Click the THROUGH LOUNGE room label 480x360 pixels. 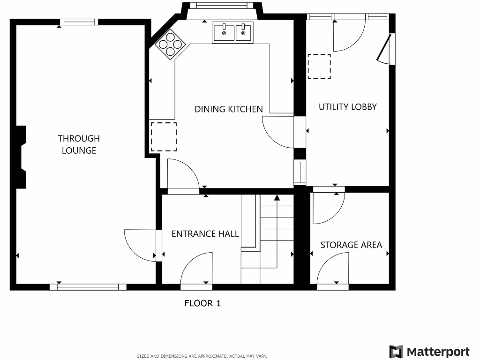pyautogui.click(x=79, y=144)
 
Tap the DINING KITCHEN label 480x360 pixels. pyautogui.click(x=229, y=109)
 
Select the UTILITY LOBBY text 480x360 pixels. pyautogui.click(x=347, y=107)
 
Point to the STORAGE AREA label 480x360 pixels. pyautogui.click(x=351, y=245)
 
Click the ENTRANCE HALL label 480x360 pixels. pyautogui.click(x=205, y=234)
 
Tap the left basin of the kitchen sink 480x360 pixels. pyautogui.click(x=224, y=33)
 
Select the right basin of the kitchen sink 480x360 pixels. pyautogui.click(x=243, y=33)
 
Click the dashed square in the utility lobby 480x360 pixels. pyautogui.click(x=319, y=66)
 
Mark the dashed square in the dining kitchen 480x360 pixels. pyautogui.click(x=164, y=136)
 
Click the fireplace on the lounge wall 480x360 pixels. pyautogui.click(x=22, y=157)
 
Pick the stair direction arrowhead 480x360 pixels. pyautogui.click(x=277, y=197)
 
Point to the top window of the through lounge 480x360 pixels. pyautogui.click(x=79, y=22)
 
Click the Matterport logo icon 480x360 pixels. pyautogui.click(x=396, y=352)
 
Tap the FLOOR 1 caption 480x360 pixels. pyautogui.click(x=202, y=303)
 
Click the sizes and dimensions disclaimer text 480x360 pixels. pyautogui.click(x=202, y=356)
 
